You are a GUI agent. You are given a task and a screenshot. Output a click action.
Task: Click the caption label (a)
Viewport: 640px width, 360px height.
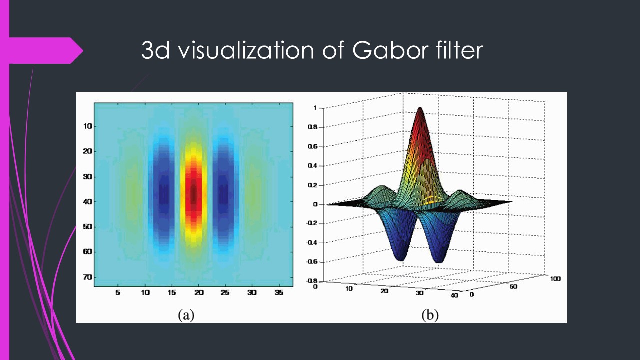coord(186,315)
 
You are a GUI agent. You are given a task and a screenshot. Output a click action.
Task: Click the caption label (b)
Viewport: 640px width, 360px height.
coord(430,315)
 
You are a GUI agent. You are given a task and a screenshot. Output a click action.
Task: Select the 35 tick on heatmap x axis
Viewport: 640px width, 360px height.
coord(278,293)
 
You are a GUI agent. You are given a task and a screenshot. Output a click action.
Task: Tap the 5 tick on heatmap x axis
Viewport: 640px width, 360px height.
coord(118,293)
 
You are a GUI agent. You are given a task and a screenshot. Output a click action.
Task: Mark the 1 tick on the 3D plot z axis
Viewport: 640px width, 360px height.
coord(315,108)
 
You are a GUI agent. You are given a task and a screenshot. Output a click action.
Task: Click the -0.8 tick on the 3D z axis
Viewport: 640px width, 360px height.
coord(311,280)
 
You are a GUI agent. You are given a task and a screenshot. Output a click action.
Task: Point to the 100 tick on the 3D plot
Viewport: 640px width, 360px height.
coord(555,278)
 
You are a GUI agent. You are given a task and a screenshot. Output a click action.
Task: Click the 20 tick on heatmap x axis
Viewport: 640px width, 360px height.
coord(199,293)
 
